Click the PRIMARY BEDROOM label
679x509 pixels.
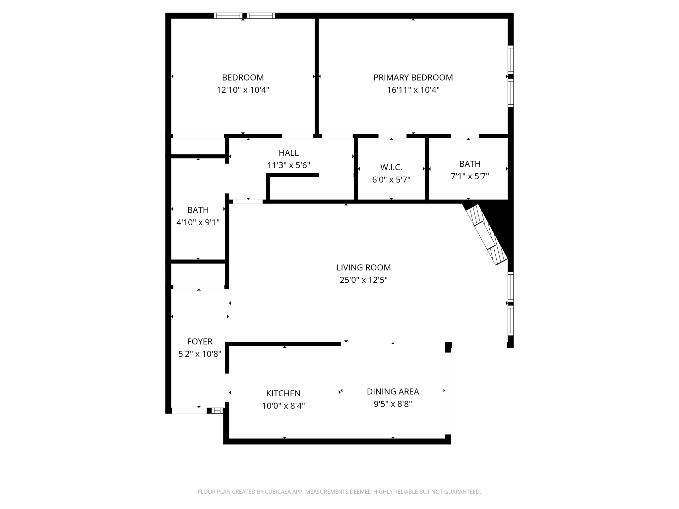click(x=413, y=78)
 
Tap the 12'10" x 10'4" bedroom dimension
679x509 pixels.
click(x=243, y=90)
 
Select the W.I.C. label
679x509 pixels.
click(x=391, y=167)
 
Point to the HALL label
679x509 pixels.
click(x=288, y=153)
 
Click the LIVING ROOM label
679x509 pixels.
click(x=363, y=267)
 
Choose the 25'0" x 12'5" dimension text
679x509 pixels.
click(x=363, y=280)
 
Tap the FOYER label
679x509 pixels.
click(x=200, y=341)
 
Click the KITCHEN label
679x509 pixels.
click(x=283, y=393)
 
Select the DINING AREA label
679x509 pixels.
click(x=393, y=391)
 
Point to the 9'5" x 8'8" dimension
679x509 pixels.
click(x=393, y=404)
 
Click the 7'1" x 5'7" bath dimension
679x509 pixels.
click(x=469, y=176)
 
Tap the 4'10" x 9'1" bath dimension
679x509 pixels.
click(x=198, y=222)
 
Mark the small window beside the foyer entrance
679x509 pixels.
click(x=217, y=411)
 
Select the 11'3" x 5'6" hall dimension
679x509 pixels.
click(x=288, y=165)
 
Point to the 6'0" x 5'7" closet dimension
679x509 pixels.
click(x=391, y=180)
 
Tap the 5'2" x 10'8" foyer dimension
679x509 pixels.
click(x=200, y=354)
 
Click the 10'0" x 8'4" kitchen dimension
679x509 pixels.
click(x=283, y=406)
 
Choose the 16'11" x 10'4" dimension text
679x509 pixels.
click(x=413, y=90)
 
